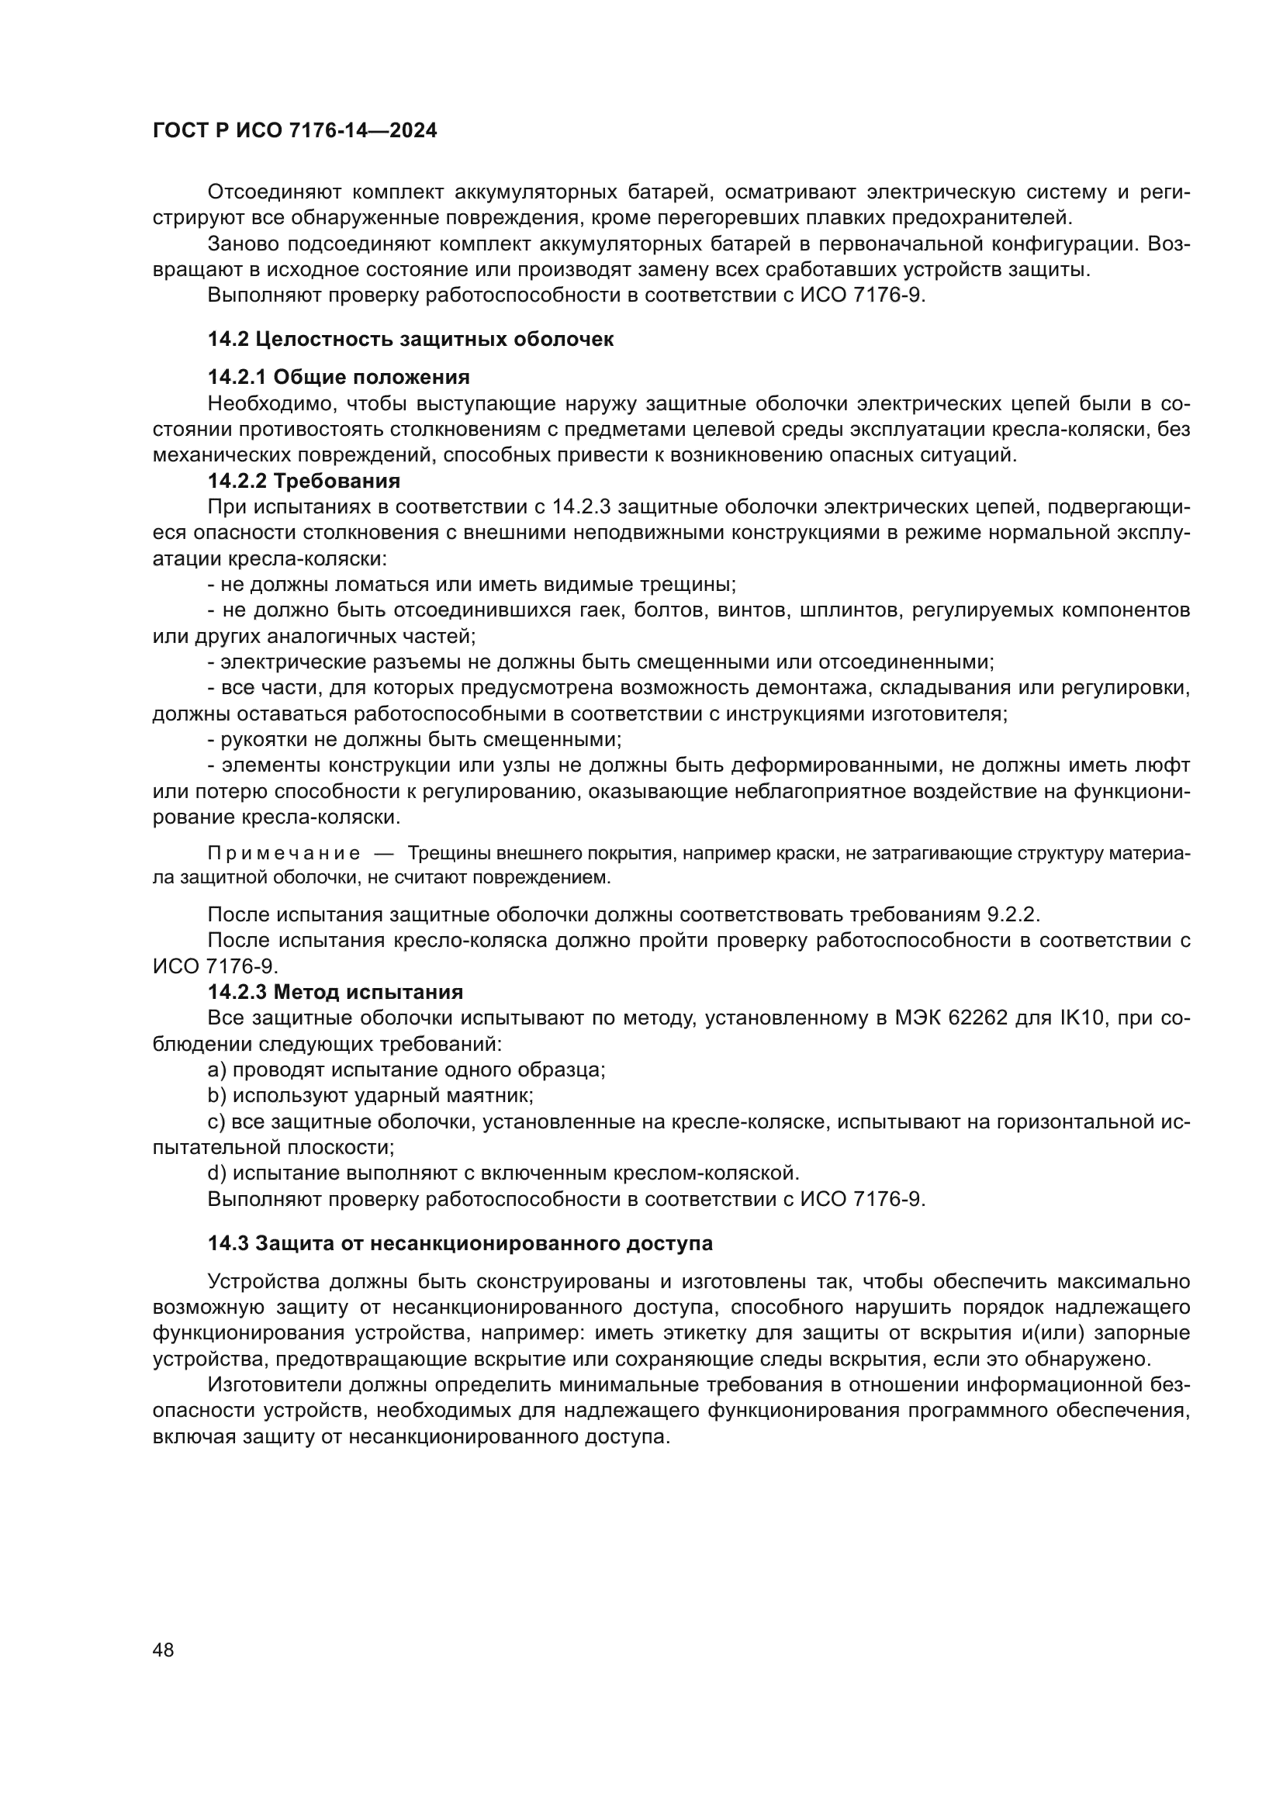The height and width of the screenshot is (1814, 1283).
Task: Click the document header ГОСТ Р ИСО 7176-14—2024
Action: (294, 131)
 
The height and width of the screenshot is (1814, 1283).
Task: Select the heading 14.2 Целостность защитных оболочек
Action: (410, 340)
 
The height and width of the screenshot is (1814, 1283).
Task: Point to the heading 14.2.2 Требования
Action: (303, 480)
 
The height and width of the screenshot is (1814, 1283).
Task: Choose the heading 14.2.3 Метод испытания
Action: (335, 992)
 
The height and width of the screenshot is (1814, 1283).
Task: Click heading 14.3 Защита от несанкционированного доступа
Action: (460, 1242)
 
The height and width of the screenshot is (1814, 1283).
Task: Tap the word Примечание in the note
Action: (284, 854)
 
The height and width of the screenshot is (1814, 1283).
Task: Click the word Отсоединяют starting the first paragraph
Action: (273, 192)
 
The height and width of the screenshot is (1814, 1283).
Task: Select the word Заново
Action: (244, 244)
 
